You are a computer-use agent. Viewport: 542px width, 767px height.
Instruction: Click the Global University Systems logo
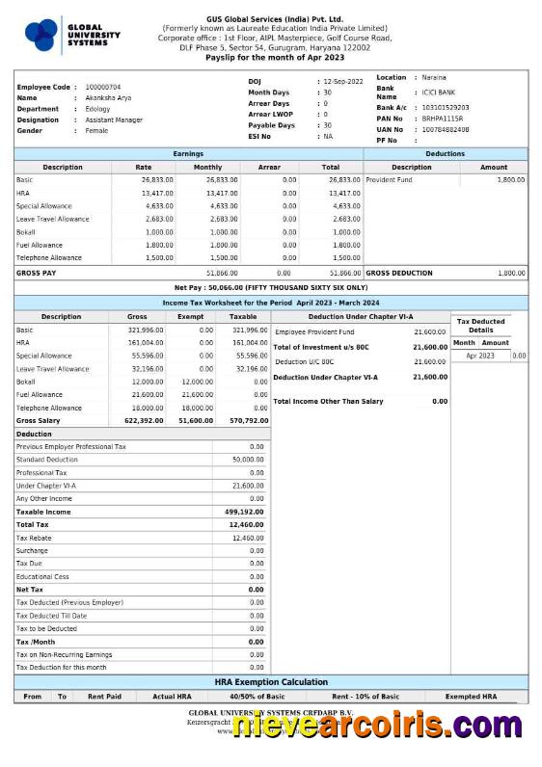point(68,36)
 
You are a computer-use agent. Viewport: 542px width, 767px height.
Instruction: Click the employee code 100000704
point(103,87)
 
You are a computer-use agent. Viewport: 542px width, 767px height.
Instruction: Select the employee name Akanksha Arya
point(109,97)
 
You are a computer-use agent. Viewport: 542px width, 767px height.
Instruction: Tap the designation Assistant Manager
point(114,119)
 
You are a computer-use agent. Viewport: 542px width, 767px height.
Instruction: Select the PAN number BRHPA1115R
point(443,118)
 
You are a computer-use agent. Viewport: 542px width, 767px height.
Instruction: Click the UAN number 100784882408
point(446,128)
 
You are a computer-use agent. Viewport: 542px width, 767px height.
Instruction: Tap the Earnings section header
point(188,153)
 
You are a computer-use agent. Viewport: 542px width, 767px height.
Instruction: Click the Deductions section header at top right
point(445,153)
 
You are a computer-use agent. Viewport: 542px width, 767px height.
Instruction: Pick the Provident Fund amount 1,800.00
point(510,179)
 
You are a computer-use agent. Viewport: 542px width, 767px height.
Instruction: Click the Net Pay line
point(270,287)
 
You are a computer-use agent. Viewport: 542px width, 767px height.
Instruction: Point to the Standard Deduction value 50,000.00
point(248,460)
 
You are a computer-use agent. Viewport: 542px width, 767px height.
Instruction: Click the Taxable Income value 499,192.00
point(244,512)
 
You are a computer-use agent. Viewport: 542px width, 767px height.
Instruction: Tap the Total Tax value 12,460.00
point(246,524)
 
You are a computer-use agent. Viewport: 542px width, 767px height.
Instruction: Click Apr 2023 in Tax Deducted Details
point(479,356)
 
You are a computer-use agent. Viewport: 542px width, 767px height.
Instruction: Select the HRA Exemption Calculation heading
point(270,681)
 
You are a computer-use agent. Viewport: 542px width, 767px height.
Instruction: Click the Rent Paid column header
point(104,696)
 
